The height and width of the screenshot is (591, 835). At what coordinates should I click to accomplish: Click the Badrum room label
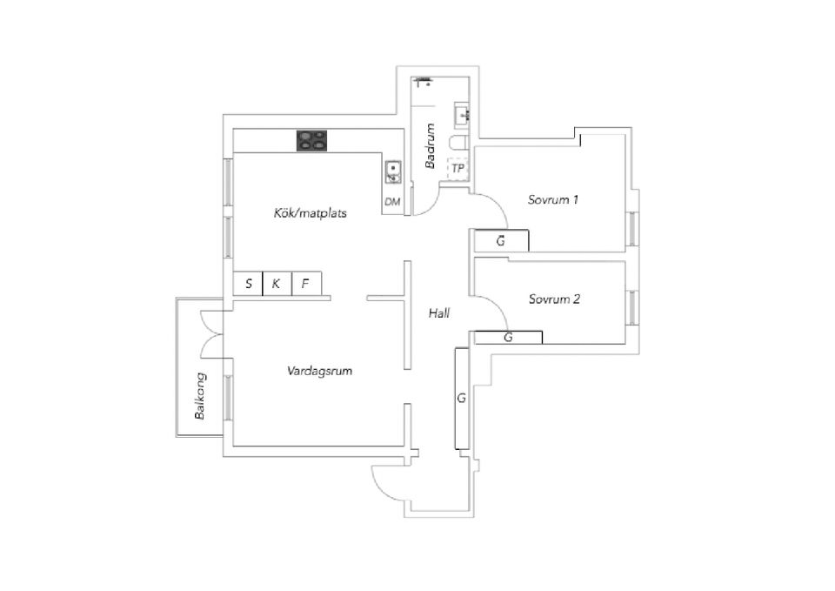click(x=431, y=146)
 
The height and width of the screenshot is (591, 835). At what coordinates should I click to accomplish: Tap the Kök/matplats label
click(x=310, y=213)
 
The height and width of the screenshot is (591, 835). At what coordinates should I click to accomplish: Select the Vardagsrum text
click(x=319, y=371)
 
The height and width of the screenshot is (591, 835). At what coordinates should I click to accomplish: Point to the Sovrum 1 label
click(x=553, y=200)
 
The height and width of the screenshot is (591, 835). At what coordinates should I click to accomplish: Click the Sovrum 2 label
click(x=554, y=299)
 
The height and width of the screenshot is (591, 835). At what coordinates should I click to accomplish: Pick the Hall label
click(x=439, y=313)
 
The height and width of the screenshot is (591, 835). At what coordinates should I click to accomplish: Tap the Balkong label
click(x=200, y=396)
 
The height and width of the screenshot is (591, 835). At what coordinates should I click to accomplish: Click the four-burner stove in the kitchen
click(x=311, y=141)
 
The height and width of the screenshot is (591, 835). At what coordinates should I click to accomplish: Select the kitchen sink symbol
click(x=393, y=171)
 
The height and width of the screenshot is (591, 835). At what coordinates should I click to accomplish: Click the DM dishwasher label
click(x=392, y=202)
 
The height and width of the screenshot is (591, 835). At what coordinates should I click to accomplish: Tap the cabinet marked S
click(x=248, y=284)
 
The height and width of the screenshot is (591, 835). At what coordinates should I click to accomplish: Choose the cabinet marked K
click(x=277, y=284)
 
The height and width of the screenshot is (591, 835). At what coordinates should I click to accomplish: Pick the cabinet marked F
click(x=306, y=284)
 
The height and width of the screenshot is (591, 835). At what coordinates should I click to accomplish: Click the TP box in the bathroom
click(x=458, y=168)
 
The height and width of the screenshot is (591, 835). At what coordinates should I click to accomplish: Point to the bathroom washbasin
click(x=462, y=115)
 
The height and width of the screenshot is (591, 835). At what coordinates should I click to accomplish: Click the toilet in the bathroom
click(x=459, y=143)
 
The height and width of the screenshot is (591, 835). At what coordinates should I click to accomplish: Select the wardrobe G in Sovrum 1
click(x=501, y=240)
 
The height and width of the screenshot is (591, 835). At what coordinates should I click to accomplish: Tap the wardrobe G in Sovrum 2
click(x=508, y=338)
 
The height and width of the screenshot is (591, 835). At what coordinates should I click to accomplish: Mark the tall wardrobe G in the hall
click(x=462, y=398)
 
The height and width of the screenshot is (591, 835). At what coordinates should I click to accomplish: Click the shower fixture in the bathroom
click(x=423, y=81)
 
